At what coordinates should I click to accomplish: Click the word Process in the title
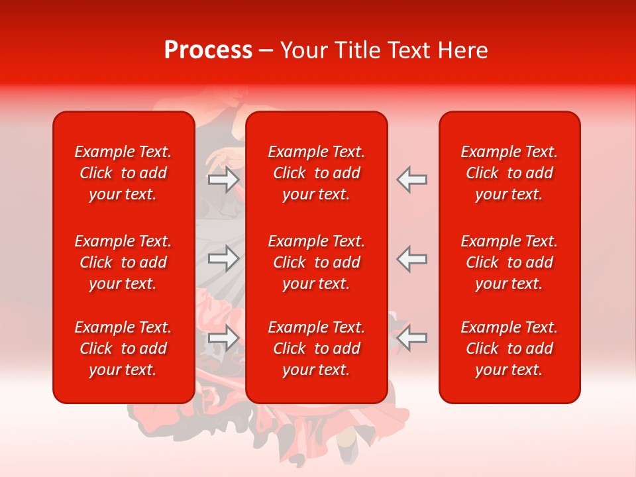coord(208,50)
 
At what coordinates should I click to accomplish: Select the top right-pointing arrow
coord(224,180)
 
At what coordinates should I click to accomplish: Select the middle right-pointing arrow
coord(224,258)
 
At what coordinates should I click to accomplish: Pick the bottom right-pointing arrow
coord(224,338)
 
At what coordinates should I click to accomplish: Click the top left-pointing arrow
coord(411,180)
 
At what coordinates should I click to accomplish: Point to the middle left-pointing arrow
coord(411,258)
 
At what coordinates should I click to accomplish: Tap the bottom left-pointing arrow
coord(411,338)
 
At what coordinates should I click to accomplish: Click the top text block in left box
coord(123,173)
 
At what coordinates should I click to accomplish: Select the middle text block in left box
coord(123,262)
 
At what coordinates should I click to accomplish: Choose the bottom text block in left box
coord(123,348)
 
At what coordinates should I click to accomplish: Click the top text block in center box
coord(316,173)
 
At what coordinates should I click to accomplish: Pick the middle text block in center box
coord(316,262)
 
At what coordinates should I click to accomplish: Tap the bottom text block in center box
coord(316,348)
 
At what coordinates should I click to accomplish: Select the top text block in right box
coord(509,173)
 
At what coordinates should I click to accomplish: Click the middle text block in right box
coord(509,262)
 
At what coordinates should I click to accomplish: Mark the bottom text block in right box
coord(509,348)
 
